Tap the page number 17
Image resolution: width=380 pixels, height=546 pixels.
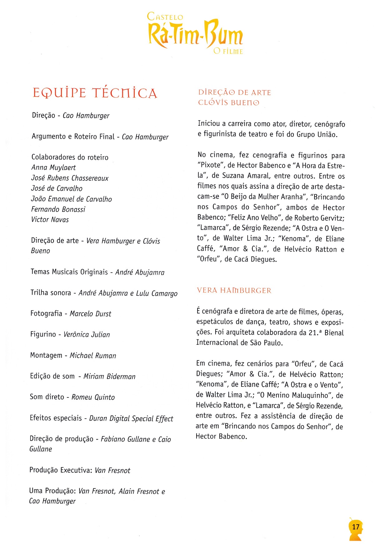[x=356, y=527]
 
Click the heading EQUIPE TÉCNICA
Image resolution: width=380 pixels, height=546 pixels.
[x=95, y=93]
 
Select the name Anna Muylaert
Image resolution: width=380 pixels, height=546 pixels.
[x=53, y=168]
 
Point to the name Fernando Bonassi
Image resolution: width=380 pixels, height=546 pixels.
[x=58, y=209]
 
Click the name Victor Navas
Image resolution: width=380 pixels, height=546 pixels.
[x=50, y=220]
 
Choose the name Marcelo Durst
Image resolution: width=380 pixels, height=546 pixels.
[x=90, y=314]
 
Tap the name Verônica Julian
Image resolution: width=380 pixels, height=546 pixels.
[x=87, y=334]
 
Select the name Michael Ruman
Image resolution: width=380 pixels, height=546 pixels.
[x=93, y=355]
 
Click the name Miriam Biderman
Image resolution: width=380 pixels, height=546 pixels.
[x=109, y=376]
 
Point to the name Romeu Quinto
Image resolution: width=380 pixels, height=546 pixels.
[x=93, y=397]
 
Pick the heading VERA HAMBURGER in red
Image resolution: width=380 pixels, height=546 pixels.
[x=234, y=290]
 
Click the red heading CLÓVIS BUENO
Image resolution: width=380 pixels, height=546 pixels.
[x=229, y=103]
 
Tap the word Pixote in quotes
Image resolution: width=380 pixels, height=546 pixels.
[x=211, y=165]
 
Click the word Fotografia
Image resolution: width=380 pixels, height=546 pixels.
[x=46, y=313]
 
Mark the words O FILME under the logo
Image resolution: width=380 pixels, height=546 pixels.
[x=228, y=51]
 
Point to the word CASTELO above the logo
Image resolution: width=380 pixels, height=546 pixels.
[x=165, y=17]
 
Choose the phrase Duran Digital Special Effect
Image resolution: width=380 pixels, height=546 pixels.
[x=131, y=418]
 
